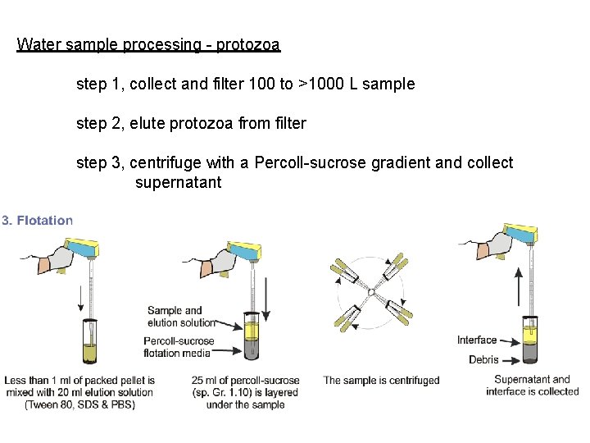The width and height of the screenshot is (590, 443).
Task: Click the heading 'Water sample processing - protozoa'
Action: click(x=148, y=44)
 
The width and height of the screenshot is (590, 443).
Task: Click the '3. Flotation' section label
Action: click(x=38, y=220)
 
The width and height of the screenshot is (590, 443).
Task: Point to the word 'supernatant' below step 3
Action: click(x=178, y=183)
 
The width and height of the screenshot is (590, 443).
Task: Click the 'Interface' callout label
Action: click(x=477, y=340)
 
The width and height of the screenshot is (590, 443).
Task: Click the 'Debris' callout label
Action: click(x=483, y=359)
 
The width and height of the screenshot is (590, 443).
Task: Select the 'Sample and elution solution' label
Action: click(x=181, y=317)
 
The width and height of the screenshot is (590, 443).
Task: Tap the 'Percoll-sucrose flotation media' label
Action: click(x=179, y=347)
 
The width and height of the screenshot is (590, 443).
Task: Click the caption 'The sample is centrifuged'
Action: click(x=381, y=381)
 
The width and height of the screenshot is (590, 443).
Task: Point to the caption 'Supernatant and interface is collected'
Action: click(x=532, y=385)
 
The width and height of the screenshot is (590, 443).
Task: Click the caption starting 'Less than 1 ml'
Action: click(x=79, y=392)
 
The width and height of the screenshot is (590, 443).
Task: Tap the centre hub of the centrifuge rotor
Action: click(x=370, y=292)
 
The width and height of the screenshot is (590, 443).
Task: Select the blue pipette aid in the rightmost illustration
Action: click(x=519, y=234)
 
